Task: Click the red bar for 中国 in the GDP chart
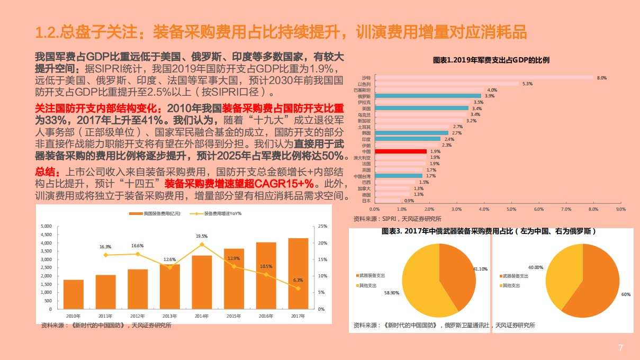(400, 151)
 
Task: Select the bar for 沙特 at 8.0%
(483, 78)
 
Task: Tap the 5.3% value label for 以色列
(527, 84)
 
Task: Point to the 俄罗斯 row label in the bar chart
(364, 96)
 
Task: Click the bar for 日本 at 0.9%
(387, 201)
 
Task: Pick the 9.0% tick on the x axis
(621, 209)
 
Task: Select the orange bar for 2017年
(298, 273)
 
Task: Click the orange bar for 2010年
(74, 294)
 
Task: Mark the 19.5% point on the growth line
(202, 244)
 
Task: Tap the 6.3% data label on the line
(298, 280)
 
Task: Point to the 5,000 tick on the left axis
(46, 226)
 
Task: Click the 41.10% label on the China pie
(480, 269)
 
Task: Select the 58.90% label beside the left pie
(392, 292)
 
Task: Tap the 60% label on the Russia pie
(626, 294)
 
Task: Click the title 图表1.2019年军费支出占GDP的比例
(491, 60)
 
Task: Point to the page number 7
(621, 348)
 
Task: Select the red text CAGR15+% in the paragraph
(285, 184)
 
